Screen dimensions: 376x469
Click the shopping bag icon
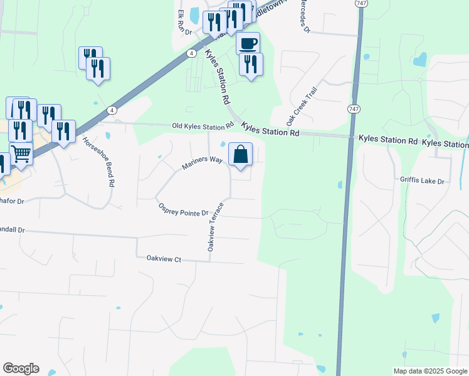[x=241, y=154]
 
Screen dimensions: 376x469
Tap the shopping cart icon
[x=21, y=153]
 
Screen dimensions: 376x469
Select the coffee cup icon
[x=248, y=43]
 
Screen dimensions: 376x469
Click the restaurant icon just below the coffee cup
[x=251, y=64]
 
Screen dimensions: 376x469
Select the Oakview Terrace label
[x=216, y=226]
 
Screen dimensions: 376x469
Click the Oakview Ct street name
[x=164, y=258]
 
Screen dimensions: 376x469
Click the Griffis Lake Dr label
[x=422, y=180]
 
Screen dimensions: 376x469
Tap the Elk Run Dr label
[x=182, y=22]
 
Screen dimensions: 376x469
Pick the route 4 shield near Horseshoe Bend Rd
[x=110, y=110]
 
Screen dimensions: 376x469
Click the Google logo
[x=21, y=368]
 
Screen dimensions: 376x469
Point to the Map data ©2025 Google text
[x=429, y=371]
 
